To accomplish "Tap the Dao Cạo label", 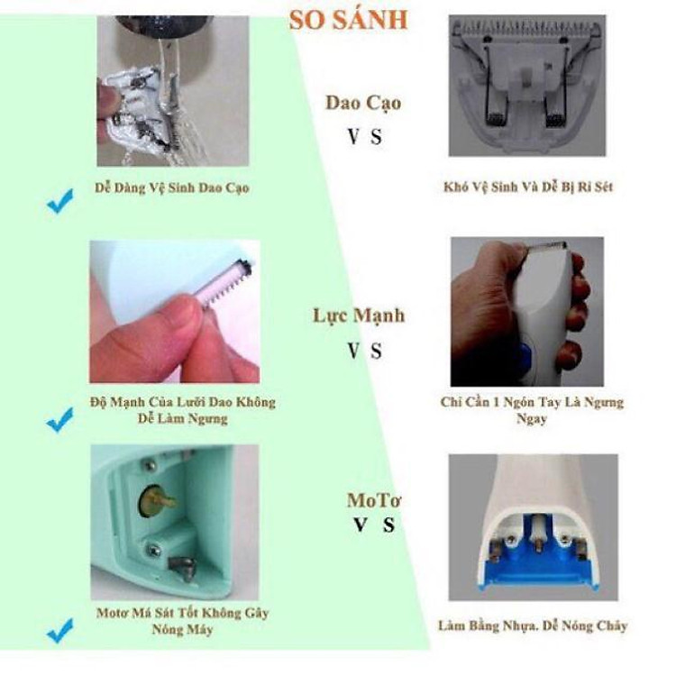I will point(363,102).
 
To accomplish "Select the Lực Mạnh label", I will point(359,315).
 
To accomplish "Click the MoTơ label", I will point(375,500).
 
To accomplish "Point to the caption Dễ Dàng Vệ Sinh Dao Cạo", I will point(172,188).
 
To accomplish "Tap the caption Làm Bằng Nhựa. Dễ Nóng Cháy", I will point(532,626).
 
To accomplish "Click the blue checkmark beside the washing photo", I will point(59,203).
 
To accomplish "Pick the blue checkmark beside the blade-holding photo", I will point(59,419).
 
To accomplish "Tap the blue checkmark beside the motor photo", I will point(59,631).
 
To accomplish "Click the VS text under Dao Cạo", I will point(365,138).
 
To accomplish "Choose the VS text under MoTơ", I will point(374,525).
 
